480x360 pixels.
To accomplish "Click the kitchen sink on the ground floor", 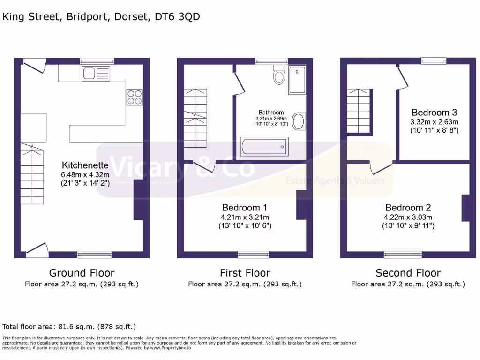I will click(96, 73).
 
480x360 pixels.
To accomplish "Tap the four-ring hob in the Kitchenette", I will click(134, 97).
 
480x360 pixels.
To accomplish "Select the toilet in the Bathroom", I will click(279, 75).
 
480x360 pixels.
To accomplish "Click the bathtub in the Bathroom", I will click(264, 146).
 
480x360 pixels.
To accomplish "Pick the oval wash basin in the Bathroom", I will click(298, 121).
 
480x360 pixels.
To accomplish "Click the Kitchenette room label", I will click(85, 165).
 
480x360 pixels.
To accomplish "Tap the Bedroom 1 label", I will click(245, 208).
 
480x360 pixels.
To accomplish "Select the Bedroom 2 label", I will click(408, 208).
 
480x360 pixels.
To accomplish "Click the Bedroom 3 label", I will click(434, 112).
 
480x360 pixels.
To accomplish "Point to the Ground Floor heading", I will click(82, 273).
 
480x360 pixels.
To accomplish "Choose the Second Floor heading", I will click(408, 273).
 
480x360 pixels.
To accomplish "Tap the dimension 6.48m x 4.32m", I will click(85, 175).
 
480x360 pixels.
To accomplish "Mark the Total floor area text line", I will click(69, 326).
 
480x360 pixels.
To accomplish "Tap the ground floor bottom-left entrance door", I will click(37, 250).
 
